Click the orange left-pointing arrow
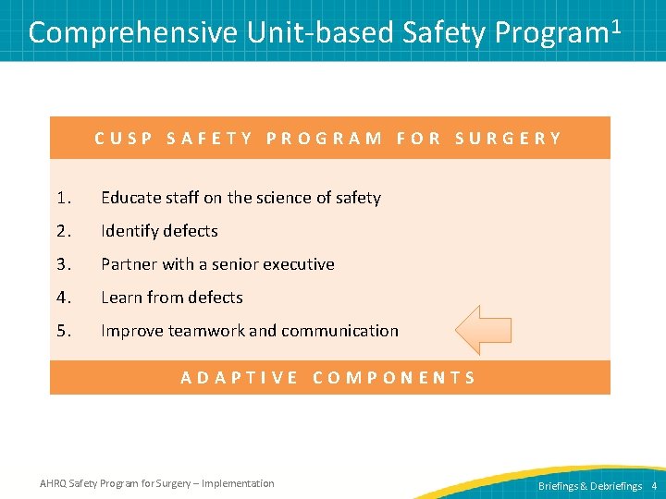(484, 330)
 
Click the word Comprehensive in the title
(134, 33)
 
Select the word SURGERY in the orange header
(508, 139)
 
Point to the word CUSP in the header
(124, 139)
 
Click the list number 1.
(63, 198)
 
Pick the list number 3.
(63, 264)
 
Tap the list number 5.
(63, 331)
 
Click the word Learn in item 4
(121, 298)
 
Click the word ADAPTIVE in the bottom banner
(240, 377)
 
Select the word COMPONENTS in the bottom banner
(395, 377)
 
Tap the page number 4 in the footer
(654, 485)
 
